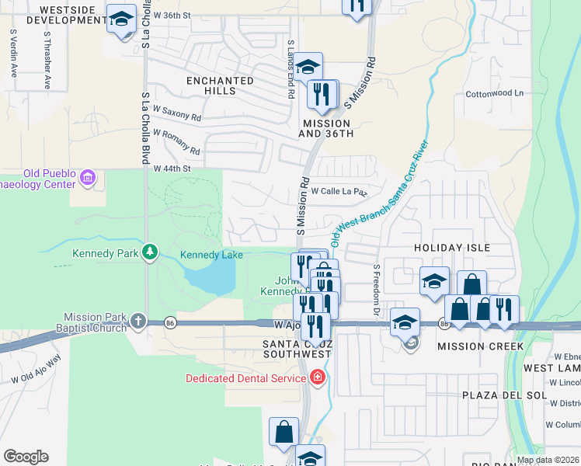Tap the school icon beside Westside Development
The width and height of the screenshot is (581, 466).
tap(120, 19)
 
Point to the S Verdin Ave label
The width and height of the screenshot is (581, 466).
tap(14, 54)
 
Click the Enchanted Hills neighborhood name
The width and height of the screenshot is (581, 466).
tap(220, 85)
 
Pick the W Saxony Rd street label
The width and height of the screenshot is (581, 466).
tap(177, 113)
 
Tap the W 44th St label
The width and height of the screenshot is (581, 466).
tap(172, 169)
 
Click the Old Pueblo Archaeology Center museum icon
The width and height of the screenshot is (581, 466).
tap(88, 179)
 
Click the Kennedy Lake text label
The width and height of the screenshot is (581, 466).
tap(211, 255)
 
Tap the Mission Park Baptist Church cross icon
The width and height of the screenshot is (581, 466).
tap(137, 320)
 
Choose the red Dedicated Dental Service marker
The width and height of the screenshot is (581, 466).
tap(316, 378)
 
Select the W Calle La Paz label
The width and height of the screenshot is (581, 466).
tap(338, 190)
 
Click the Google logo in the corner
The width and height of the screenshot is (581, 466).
tap(26, 457)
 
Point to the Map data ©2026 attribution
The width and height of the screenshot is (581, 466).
tap(548, 460)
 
